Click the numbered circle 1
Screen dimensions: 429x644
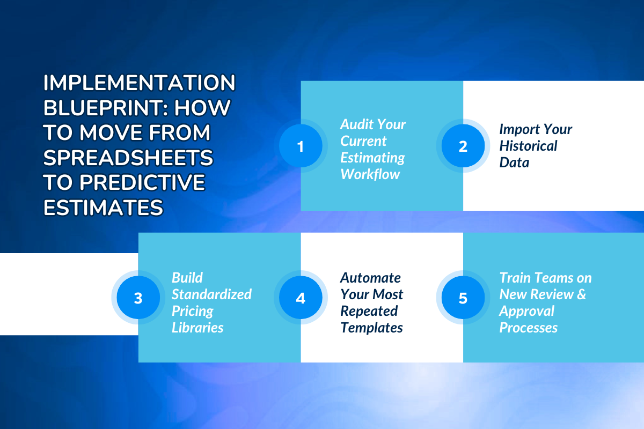tap(301, 146)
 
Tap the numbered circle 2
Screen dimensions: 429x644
tap(463, 146)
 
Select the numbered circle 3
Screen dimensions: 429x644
tap(138, 298)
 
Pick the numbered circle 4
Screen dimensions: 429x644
tap(301, 298)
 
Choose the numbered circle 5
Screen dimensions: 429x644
tap(463, 298)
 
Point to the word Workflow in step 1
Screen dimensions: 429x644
tap(370, 174)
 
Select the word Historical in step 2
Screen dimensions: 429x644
tap(528, 146)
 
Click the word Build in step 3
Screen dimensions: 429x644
tap(187, 278)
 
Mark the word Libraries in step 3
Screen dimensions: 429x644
tap(197, 328)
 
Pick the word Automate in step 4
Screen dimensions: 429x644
tap(370, 278)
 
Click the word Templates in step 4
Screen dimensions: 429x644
tap(371, 328)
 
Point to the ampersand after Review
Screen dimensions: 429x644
tap(581, 294)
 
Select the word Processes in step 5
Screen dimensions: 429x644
tap(528, 328)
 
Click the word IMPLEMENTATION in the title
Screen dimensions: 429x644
tap(139, 84)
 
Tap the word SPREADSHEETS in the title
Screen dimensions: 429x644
tap(128, 158)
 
